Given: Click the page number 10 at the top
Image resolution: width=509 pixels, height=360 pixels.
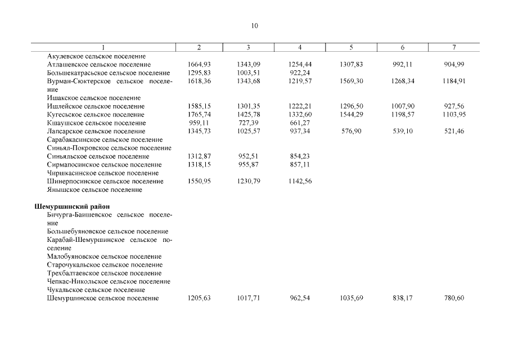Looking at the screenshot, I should click(x=254, y=26).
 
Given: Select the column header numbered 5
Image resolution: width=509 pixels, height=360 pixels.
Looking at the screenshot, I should click(x=351, y=48).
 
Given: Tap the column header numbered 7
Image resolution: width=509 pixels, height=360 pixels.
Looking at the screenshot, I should click(x=454, y=48).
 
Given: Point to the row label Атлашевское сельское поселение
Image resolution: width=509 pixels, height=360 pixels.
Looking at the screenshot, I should click(x=99, y=65).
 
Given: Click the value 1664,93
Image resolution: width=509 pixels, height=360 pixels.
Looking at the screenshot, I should click(x=199, y=65).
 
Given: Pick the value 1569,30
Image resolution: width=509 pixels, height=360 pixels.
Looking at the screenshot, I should click(x=352, y=82).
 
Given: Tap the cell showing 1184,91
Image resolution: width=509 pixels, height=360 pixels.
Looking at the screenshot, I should click(x=453, y=82).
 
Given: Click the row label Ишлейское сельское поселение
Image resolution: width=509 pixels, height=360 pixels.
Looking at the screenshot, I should click(x=96, y=106).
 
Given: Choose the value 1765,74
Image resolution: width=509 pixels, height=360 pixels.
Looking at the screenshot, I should click(x=199, y=115).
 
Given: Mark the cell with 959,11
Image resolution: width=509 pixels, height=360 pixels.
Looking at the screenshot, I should click(x=199, y=123).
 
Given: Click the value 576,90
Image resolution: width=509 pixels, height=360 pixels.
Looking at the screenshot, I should click(x=352, y=132).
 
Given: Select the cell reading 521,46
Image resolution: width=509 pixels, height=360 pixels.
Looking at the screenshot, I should click(x=454, y=132).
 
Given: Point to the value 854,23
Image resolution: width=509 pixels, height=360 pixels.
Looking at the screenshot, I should click(x=299, y=156).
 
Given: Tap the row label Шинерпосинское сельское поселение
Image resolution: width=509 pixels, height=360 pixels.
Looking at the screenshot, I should click(x=105, y=182).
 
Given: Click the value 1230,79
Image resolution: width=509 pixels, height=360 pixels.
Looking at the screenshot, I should click(x=249, y=182).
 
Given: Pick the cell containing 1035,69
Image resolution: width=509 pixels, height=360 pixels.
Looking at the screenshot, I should click(x=352, y=298).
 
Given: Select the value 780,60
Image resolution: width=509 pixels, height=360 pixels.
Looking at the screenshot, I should click(x=454, y=298).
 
